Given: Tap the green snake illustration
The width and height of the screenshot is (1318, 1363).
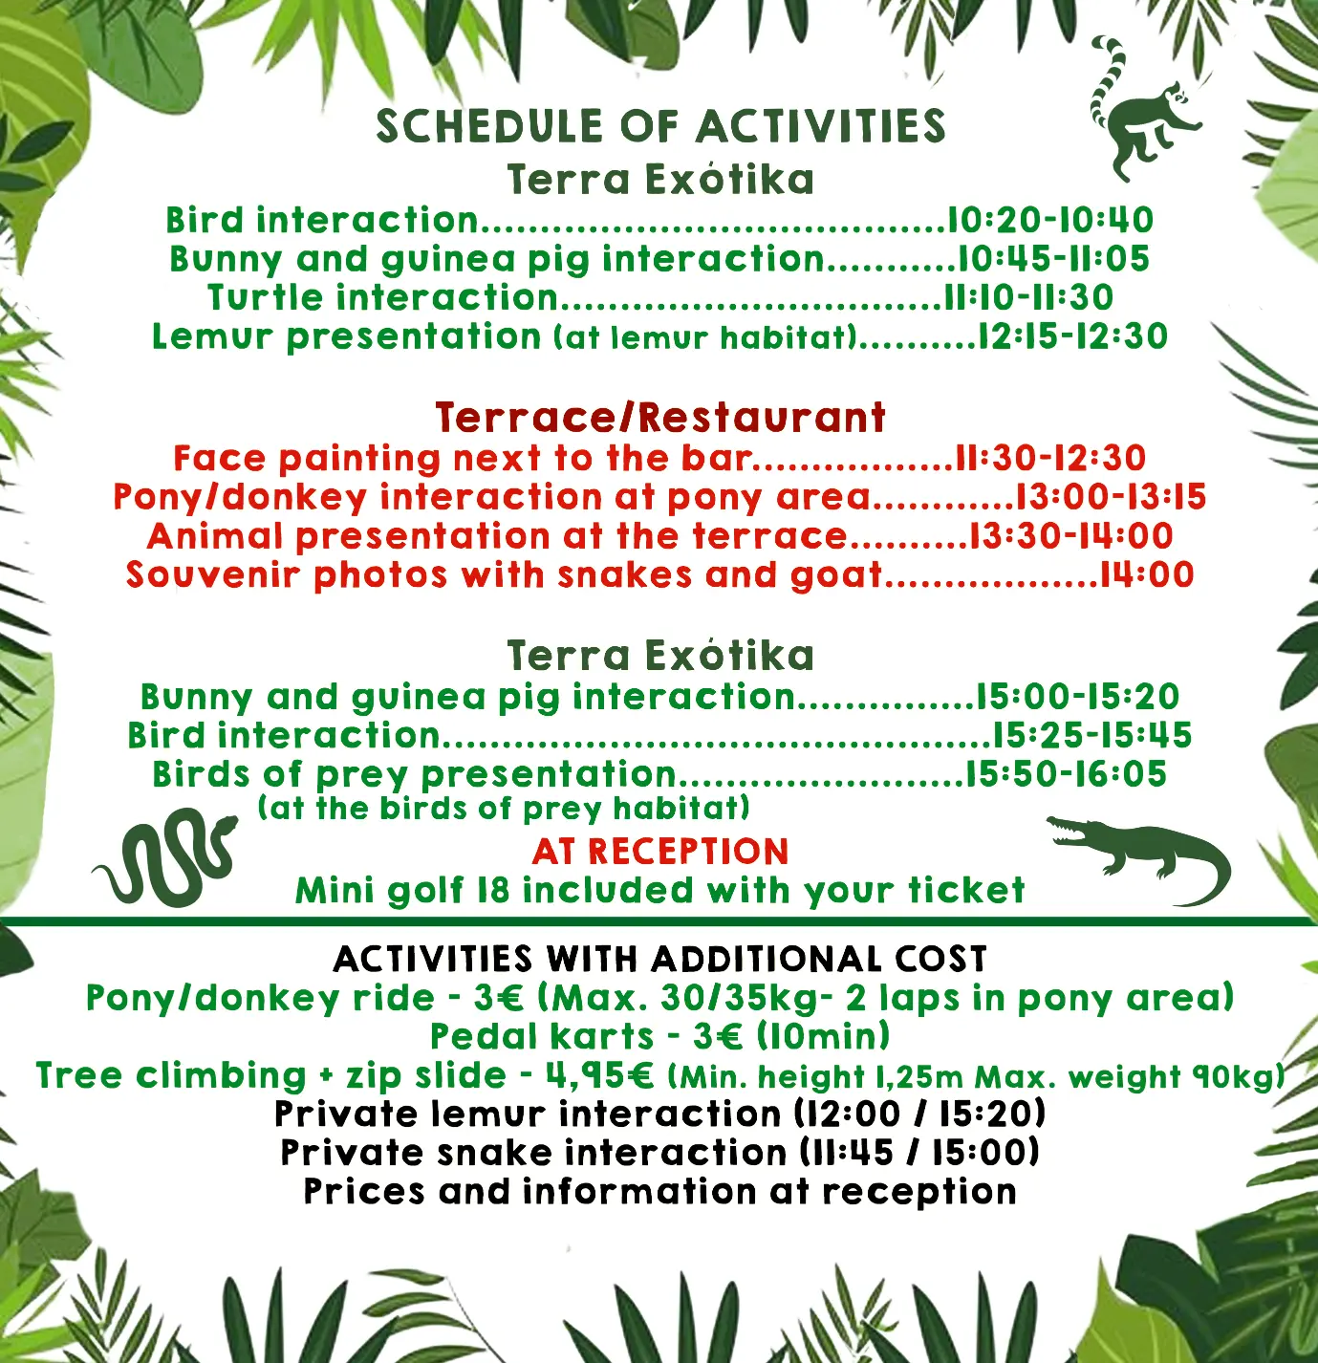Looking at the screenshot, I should [165, 857].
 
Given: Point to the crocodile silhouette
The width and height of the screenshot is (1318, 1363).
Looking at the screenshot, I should [1143, 855].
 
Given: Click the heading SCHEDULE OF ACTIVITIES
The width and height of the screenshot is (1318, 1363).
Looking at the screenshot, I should [660, 127].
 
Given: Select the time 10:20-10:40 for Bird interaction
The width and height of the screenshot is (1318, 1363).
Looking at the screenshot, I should [1050, 221].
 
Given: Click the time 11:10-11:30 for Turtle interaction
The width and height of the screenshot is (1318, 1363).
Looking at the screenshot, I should [1028, 298].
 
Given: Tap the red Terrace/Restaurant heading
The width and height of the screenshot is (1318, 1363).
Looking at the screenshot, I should [660, 418].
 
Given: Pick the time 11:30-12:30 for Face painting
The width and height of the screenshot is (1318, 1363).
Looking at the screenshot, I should [1050, 459].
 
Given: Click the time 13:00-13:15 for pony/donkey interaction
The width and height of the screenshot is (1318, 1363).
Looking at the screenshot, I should [1111, 497].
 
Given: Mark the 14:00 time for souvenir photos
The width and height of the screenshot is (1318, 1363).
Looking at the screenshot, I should [1147, 575].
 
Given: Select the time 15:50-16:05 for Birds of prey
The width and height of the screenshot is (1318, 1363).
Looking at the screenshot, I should [1066, 774].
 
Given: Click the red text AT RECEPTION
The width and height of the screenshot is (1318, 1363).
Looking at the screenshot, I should [660, 852].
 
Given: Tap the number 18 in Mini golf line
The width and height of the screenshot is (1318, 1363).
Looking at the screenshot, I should [493, 891].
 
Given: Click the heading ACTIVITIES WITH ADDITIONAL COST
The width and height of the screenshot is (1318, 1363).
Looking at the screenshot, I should [660, 960].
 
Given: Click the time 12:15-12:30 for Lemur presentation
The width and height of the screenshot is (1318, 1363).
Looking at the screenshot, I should [1073, 337].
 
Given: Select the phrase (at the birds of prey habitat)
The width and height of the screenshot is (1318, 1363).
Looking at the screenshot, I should [504, 810].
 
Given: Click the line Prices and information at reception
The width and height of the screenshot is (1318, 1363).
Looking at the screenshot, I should [660, 1193].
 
